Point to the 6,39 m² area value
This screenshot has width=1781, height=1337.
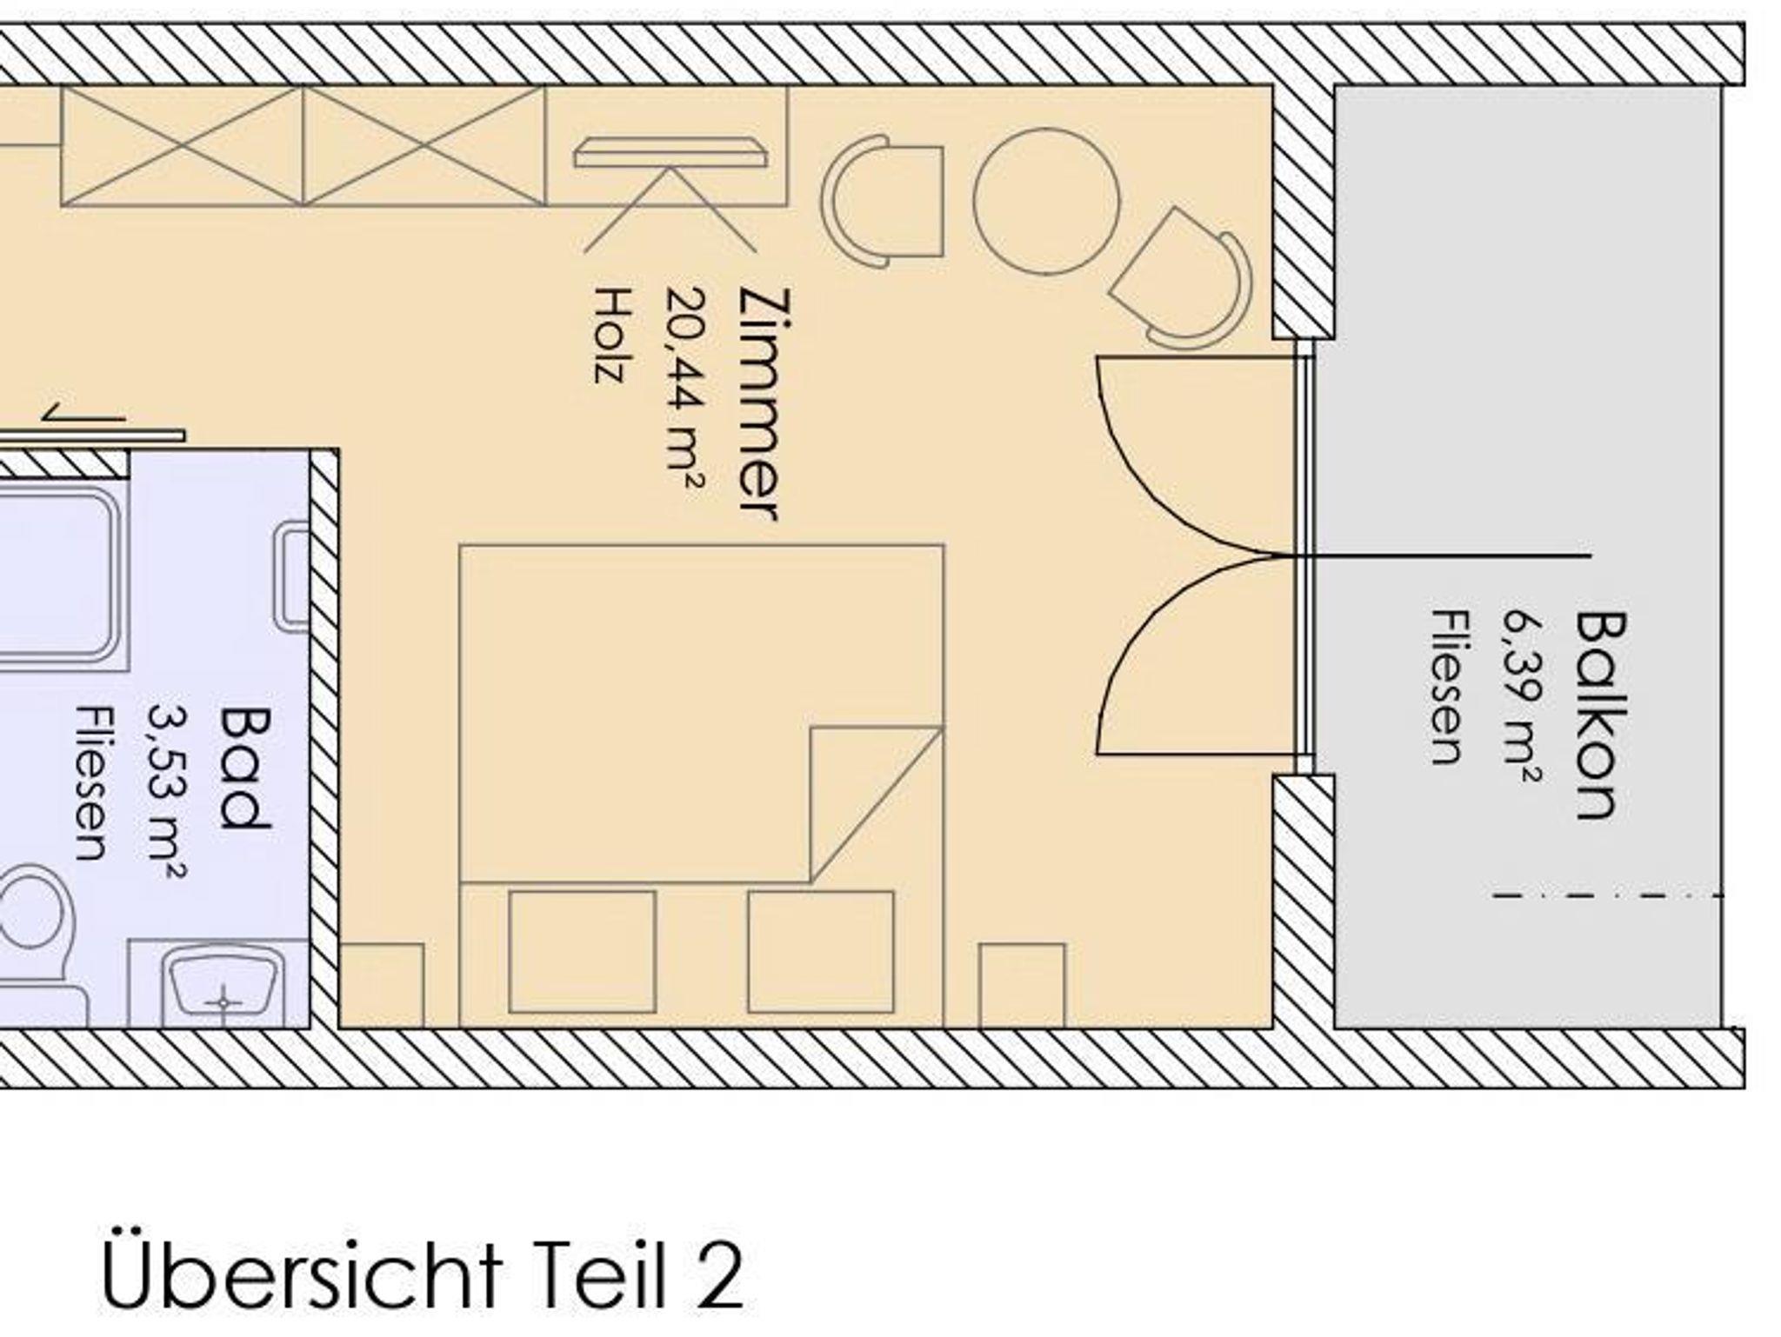point(1523,696)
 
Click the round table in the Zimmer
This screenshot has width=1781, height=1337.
point(1046,202)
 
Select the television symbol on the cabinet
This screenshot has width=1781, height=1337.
point(670,153)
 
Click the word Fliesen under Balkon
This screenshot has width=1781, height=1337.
point(1450,688)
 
